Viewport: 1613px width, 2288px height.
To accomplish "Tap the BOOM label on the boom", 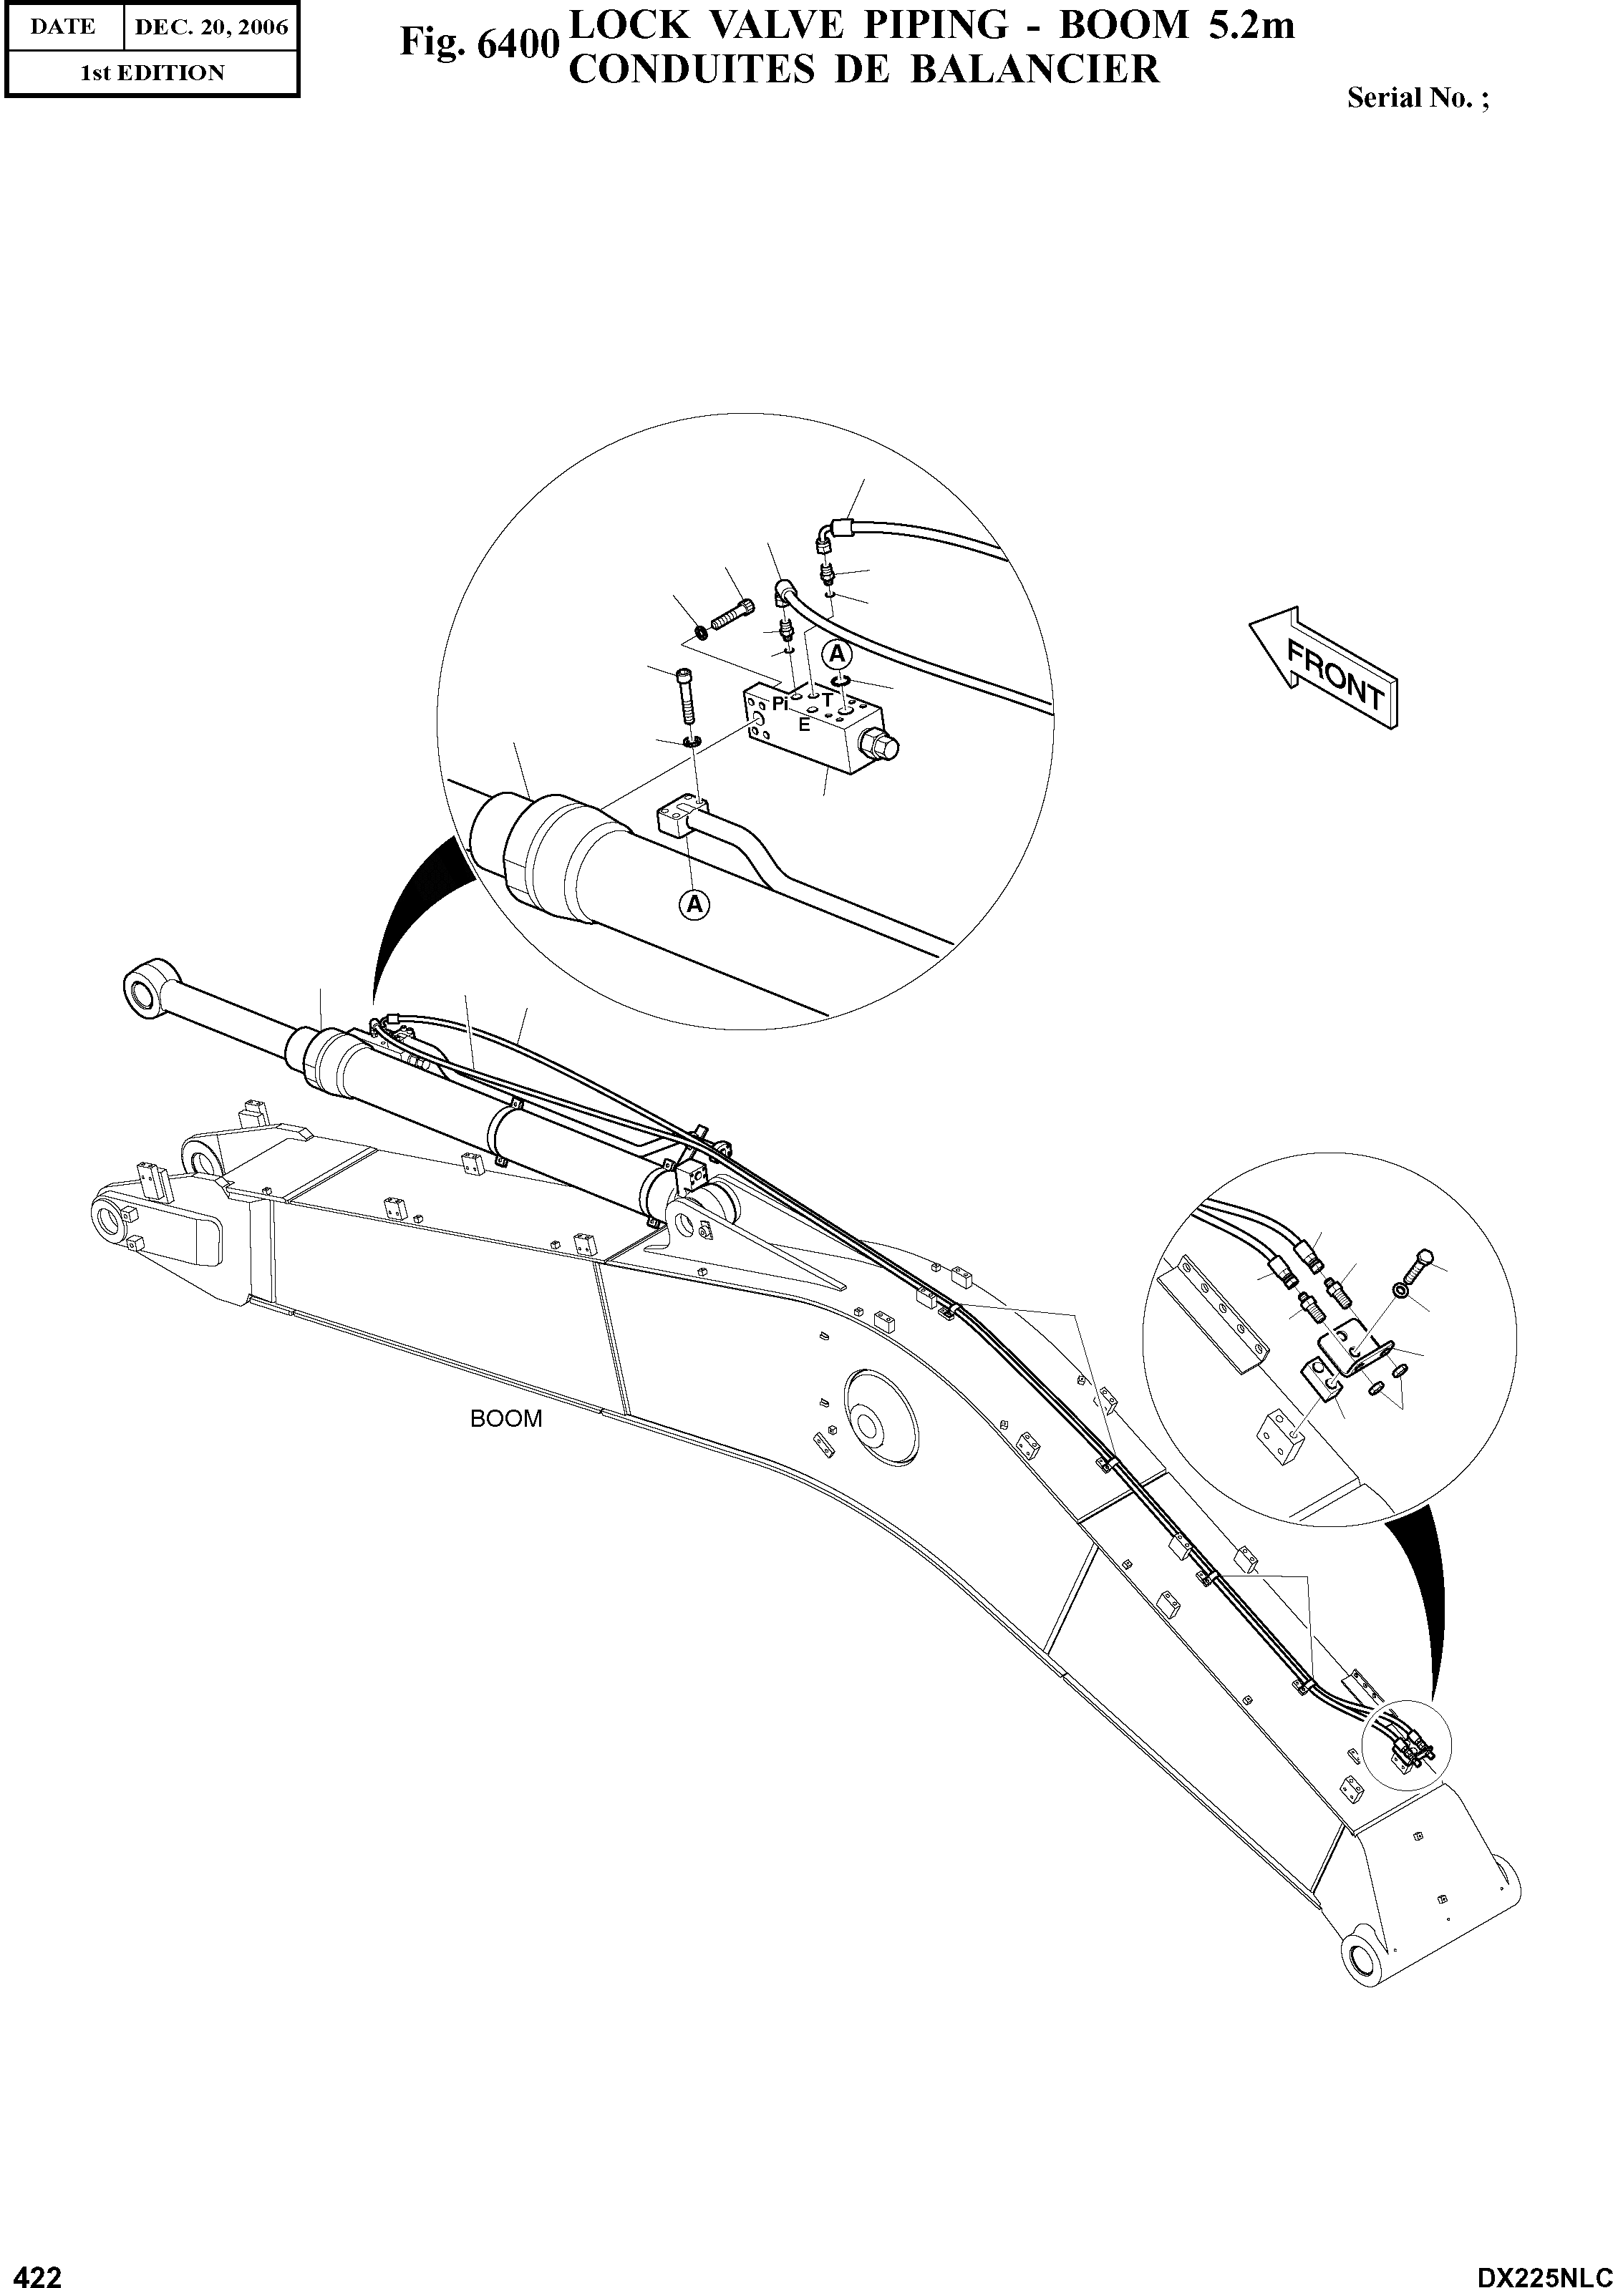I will click(x=506, y=1419).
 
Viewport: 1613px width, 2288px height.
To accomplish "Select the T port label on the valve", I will click(x=826, y=699).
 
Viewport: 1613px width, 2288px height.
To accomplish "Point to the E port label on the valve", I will click(x=803, y=724).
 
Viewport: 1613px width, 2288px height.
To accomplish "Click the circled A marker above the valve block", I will click(x=837, y=654).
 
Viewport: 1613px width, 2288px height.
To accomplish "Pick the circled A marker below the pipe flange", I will click(x=694, y=904).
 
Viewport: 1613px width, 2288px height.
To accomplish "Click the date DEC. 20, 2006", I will click(x=210, y=28).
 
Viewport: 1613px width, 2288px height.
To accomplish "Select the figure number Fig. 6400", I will click(x=476, y=42).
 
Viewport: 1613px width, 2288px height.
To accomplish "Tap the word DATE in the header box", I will click(x=63, y=27).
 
